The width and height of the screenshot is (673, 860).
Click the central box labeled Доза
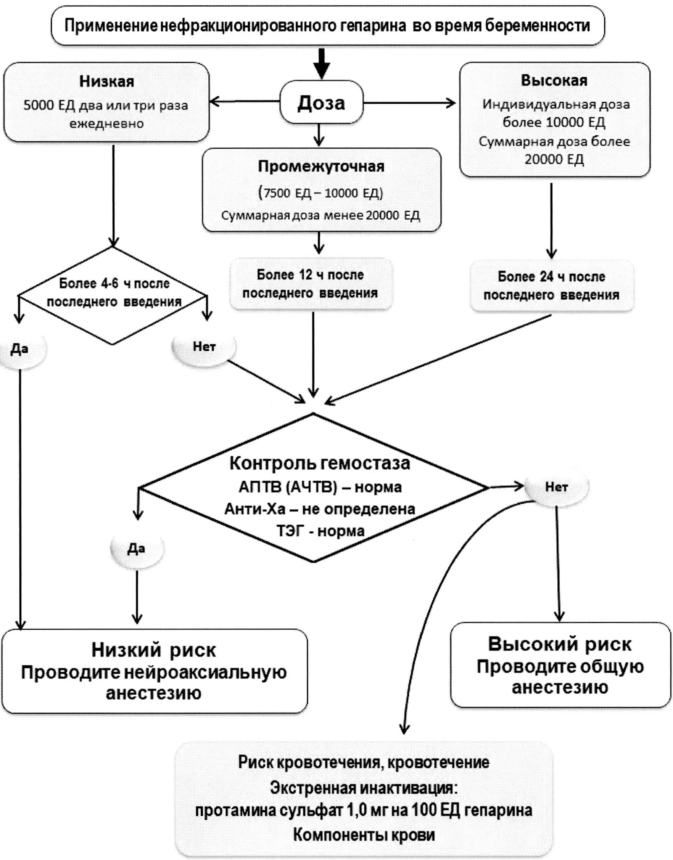coord(321,103)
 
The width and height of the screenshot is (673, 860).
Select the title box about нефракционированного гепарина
coord(327,26)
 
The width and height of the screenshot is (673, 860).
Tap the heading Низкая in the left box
coord(106,82)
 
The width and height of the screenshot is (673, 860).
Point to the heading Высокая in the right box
coord(554,80)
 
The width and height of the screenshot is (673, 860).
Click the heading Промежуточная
coord(321,166)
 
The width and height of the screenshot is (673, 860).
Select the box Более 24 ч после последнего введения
coord(551,286)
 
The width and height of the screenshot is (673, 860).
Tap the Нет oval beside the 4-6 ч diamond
coord(204,347)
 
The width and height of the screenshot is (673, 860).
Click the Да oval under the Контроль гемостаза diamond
coord(136,549)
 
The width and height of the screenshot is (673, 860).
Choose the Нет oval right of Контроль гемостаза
coord(556,487)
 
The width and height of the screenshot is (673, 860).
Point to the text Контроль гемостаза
coord(320,463)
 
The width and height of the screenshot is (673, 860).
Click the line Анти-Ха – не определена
coord(320,509)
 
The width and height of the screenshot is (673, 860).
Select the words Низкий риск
coord(154,650)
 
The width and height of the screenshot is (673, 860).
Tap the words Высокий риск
coord(560,644)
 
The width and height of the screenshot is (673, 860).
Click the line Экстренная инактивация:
coord(364,788)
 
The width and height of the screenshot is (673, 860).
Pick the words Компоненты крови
coord(364,835)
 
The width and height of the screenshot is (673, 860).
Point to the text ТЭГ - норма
coord(320,531)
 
